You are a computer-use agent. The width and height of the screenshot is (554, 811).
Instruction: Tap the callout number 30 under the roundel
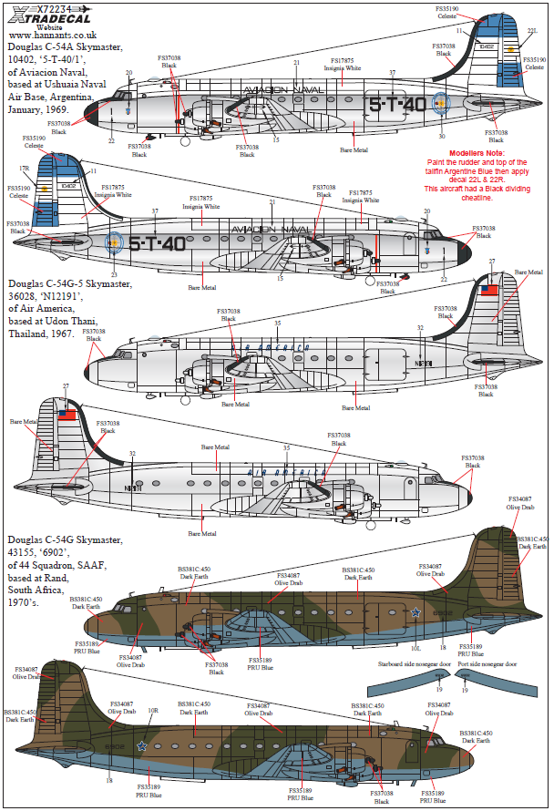click(441, 137)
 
